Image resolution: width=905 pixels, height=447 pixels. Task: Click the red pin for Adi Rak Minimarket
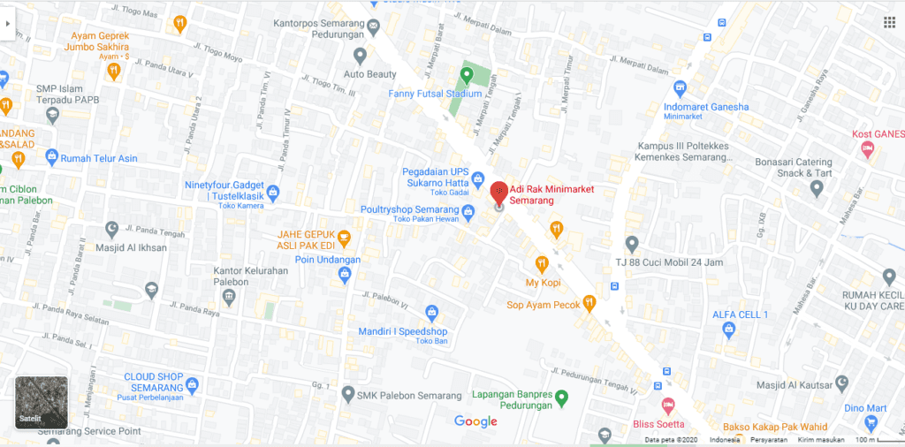tap(498, 190)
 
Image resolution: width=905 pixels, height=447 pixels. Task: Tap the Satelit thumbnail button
tap(42, 403)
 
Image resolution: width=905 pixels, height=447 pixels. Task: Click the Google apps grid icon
tap(888, 23)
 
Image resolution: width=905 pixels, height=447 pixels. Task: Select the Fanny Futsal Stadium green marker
tap(467, 73)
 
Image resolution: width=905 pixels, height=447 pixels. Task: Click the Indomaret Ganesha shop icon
tap(680, 87)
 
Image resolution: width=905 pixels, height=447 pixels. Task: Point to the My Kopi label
tap(544, 283)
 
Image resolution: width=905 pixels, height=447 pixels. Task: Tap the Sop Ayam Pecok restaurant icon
tap(589, 303)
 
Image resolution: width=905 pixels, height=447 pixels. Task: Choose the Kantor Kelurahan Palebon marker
tap(229, 297)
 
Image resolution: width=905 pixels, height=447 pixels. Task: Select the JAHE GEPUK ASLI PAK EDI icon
tap(345, 238)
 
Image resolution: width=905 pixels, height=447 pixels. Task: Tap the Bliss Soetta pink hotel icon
tap(668, 405)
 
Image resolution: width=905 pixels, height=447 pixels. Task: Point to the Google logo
tap(475, 421)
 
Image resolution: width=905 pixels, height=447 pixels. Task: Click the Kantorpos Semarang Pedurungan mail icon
tap(373, 26)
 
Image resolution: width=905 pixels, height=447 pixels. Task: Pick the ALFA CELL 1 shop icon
tap(728, 330)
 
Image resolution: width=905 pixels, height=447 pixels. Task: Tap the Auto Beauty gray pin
tap(357, 56)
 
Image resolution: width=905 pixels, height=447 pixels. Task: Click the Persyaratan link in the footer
tap(768, 440)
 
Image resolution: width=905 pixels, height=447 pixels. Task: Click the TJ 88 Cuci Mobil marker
tap(631, 243)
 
